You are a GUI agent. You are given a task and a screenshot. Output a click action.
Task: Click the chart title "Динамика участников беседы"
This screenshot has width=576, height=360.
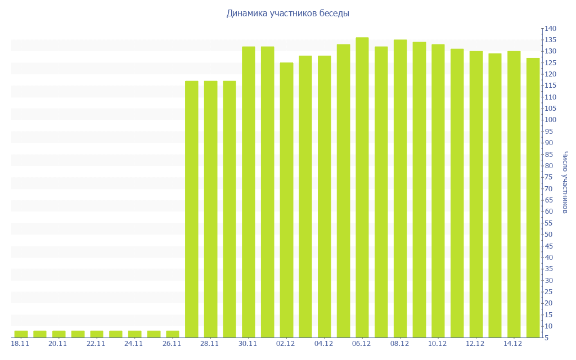click(x=287, y=13)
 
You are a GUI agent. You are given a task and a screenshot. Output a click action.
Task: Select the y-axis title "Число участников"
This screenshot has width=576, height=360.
click(x=565, y=182)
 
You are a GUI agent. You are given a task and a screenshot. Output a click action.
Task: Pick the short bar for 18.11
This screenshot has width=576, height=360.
click(x=21, y=334)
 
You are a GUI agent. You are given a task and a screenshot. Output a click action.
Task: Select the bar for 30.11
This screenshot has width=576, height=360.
click(x=249, y=192)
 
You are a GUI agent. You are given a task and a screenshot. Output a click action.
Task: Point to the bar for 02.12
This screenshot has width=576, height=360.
click(x=286, y=200)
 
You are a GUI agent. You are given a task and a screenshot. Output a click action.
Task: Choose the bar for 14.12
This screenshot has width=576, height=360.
click(x=514, y=194)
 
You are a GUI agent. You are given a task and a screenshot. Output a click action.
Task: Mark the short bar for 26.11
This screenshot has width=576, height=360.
click(x=173, y=334)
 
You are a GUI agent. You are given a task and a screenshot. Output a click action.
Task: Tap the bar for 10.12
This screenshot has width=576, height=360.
click(x=438, y=191)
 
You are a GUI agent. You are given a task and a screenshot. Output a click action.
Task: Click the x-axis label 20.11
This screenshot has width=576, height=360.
click(x=58, y=344)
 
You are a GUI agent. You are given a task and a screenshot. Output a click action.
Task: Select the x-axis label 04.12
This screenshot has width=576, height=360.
click(x=324, y=344)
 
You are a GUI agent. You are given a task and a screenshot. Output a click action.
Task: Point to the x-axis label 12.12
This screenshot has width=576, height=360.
click(x=475, y=344)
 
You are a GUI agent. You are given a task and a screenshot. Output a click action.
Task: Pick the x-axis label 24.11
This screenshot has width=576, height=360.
click(x=134, y=344)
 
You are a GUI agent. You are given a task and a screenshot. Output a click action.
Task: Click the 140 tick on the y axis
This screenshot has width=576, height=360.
click(x=550, y=29)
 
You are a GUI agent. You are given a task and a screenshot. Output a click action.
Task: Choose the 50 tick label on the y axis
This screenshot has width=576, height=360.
click(x=548, y=235)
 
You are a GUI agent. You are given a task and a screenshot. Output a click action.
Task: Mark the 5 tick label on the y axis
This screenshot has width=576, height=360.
click(x=547, y=337)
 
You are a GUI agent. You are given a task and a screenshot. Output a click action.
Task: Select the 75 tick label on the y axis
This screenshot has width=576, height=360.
click(x=548, y=177)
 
